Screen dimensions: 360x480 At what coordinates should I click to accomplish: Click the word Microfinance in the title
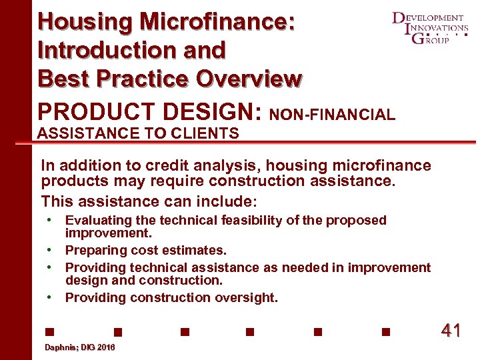(216, 21)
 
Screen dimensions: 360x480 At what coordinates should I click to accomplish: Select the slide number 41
(451, 331)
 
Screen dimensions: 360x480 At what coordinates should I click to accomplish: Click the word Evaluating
(98, 221)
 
